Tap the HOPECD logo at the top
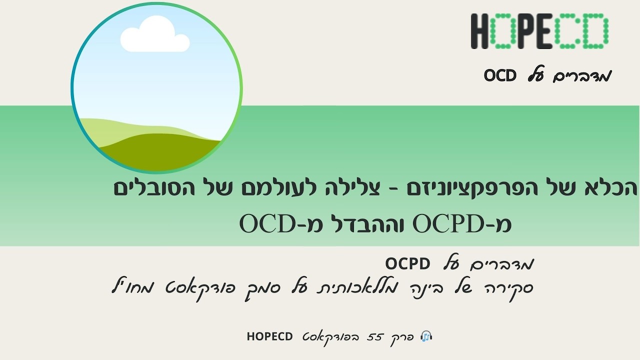pyautogui.click(x=539, y=31)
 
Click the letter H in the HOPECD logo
pyautogui.click(x=480, y=31)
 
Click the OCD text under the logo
pyautogui.click(x=500, y=76)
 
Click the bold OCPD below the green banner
pyautogui.click(x=408, y=263)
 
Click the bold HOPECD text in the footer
pyautogui.click(x=269, y=336)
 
